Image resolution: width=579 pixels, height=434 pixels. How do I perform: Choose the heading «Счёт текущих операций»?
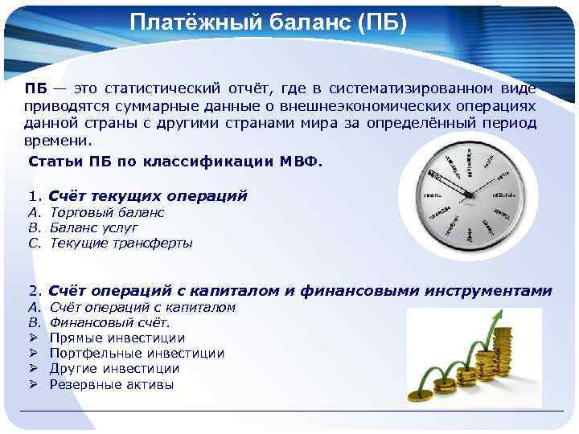(148, 195)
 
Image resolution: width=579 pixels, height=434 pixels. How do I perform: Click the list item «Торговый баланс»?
(107, 212)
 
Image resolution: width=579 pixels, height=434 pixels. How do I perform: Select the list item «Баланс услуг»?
(93, 227)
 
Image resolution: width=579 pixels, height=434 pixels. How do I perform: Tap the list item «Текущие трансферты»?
(121, 243)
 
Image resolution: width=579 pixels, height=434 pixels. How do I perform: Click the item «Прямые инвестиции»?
(117, 338)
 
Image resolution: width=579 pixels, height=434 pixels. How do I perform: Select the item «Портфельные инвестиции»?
(137, 354)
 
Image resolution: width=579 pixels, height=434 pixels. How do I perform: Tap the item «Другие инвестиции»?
(114, 369)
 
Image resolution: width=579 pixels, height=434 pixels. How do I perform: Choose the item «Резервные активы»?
(111, 384)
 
